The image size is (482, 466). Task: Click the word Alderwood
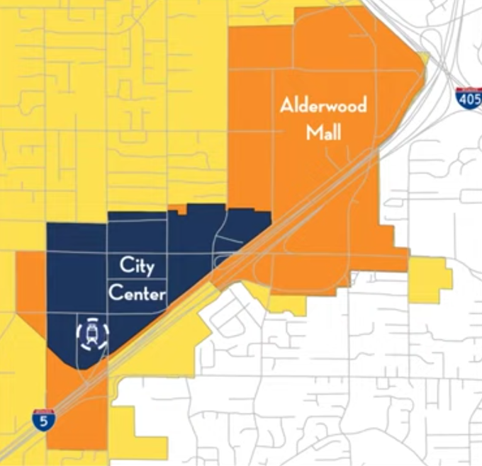click(x=323, y=107)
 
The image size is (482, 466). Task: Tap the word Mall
click(x=323, y=132)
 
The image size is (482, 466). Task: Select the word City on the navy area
click(x=137, y=267)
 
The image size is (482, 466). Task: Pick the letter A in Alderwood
click(x=286, y=107)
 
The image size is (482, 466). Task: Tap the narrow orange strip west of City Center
click(x=29, y=283)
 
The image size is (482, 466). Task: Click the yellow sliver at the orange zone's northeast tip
click(x=424, y=59)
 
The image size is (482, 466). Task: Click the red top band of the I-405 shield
click(x=469, y=91)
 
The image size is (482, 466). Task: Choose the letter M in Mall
click(x=313, y=132)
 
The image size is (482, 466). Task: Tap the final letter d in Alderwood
click(x=361, y=107)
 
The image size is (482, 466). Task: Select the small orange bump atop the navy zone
click(x=182, y=209)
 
